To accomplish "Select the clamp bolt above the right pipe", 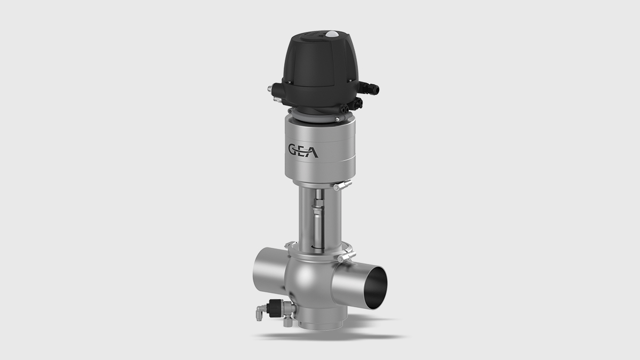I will pyautogui.click(x=346, y=259).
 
